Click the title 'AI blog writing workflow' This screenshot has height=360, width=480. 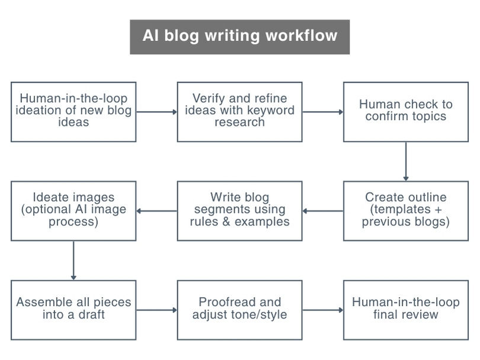tap(239, 36)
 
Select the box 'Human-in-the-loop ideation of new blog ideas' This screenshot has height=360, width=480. tap(73, 111)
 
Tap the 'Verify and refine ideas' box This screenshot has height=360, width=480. tap(239, 111)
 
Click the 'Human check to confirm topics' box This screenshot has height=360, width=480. tap(405, 111)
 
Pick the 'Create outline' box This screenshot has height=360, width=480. tap(405, 211)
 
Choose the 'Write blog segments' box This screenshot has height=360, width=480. tap(239, 211)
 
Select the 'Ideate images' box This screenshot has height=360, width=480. tap(73, 211)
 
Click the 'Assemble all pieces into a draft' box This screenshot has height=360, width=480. tap(73, 309)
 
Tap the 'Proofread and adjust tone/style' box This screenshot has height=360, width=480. tap(239, 309)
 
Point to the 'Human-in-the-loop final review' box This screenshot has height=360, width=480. tap(405, 309)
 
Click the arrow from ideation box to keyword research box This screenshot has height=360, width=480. tap(156, 111)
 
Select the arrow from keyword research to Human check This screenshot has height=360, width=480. tap(322, 111)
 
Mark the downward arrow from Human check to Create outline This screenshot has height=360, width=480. tap(405, 161)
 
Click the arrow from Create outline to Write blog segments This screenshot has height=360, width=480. tap(322, 211)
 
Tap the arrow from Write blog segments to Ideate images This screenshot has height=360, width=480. tap(156, 211)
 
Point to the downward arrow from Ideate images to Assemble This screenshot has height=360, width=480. tap(73, 260)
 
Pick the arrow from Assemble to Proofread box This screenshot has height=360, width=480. tap(156, 310)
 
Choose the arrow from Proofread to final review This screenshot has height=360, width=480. tap(322, 310)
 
